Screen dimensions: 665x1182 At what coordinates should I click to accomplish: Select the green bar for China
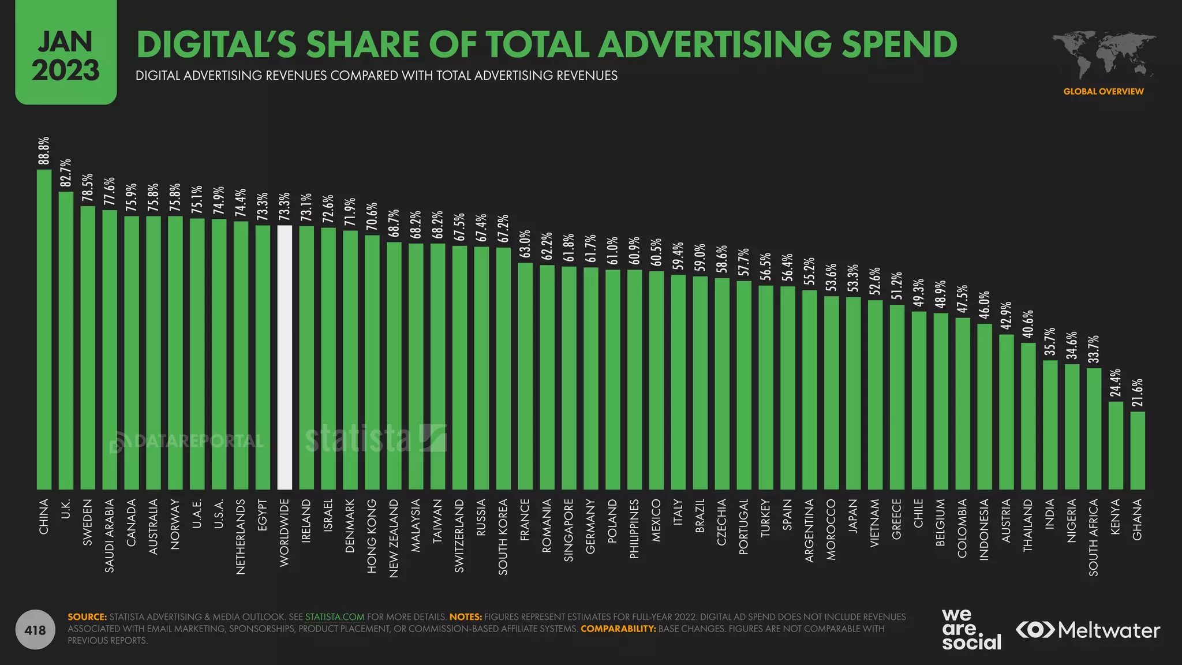(44, 329)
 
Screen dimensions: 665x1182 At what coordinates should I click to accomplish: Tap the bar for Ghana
(1137, 450)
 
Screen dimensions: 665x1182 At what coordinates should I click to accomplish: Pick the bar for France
(525, 376)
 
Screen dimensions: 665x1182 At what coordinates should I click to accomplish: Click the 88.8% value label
(44, 151)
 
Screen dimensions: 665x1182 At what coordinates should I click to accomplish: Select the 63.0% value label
(525, 245)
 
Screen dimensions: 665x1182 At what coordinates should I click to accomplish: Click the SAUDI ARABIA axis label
(110, 536)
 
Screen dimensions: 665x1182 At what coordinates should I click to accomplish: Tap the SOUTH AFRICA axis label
(1094, 537)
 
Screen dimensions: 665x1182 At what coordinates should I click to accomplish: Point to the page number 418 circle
(35, 630)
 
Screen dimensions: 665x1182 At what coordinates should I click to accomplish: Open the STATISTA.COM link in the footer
(335, 617)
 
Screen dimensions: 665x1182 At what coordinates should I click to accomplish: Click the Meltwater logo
(1088, 630)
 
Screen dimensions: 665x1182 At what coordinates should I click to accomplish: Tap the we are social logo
(971, 630)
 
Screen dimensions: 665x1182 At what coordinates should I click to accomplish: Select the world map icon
(1104, 55)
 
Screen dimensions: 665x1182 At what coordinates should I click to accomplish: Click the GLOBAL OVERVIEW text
(1104, 91)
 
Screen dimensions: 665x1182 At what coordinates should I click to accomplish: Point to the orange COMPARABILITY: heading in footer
(618, 629)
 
